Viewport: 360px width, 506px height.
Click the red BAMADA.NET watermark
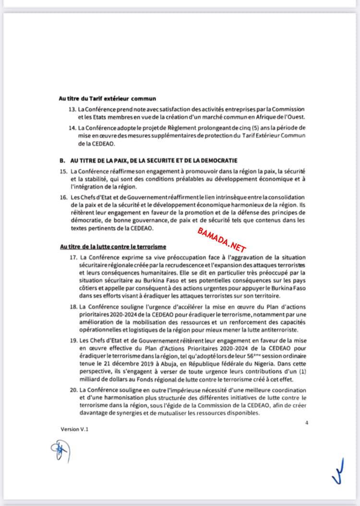click(x=222, y=239)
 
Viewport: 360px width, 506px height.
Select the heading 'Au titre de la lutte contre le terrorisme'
click(x=113, y=247)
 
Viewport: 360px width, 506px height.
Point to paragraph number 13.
click(x=72, y=110)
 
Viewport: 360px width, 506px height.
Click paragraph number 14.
click(x=72, y=128)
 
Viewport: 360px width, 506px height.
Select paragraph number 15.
click(x=63, y=171)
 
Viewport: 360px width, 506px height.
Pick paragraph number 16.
click(x=63, y=197)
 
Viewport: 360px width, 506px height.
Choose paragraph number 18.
click(x=72, y=306)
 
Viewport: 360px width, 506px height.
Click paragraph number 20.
click(x=72, y=390)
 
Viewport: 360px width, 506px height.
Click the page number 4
click(x=306, y=423)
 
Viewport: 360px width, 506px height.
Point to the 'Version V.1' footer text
click(x=75, y=429)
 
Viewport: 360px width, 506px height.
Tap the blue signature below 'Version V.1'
click(x=60, y=451)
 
